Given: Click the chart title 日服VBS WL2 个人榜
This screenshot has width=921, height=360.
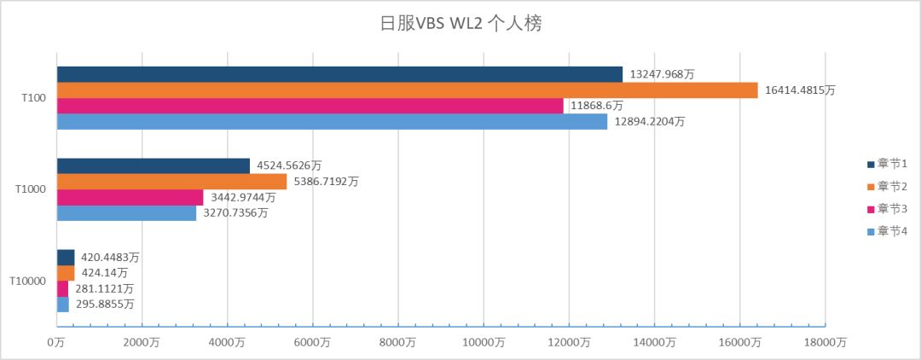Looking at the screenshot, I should click(x=460, y=23).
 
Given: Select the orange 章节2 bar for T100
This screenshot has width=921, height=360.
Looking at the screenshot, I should click(x=407, y=90).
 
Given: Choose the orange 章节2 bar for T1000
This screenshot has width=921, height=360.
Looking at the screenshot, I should click(x=171, y=182).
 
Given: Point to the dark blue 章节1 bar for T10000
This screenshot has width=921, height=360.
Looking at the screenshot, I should click(x=66, y=258).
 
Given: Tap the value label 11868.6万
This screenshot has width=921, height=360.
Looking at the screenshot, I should click(x=597, y=106).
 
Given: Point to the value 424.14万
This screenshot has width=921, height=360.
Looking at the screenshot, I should click(x=105, y=273).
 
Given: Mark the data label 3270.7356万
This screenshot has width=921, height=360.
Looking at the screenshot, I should click(x=238, y=213).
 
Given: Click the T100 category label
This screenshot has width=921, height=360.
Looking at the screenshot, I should click(x=33, y=98).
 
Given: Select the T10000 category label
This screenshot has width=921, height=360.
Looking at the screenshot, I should click(x=28, y=280).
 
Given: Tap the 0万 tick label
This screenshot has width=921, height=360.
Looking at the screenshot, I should click(x=57, y=342).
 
